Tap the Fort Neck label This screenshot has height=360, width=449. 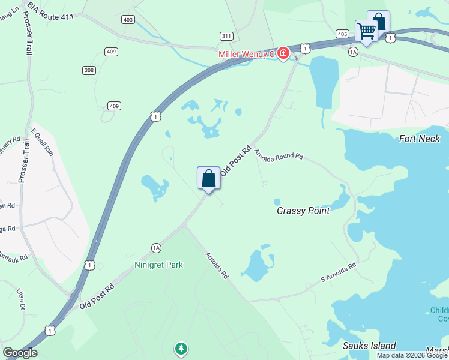420,139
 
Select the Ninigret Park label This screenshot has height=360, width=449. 158,264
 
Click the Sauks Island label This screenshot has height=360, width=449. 369,345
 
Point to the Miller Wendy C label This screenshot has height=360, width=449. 246,55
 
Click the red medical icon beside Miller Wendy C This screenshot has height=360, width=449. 283,55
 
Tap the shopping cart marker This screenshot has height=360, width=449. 366,30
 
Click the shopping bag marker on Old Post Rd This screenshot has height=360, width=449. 208,178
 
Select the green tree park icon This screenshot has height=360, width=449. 181,348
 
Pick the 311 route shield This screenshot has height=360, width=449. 226,36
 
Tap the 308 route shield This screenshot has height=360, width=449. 89,70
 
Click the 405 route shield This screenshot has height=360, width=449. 342,34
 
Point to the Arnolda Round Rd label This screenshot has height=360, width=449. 279,155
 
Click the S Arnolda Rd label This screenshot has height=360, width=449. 339,272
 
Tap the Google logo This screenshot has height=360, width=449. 20,353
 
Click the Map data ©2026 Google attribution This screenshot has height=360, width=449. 411,355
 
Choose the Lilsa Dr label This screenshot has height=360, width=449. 23,299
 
